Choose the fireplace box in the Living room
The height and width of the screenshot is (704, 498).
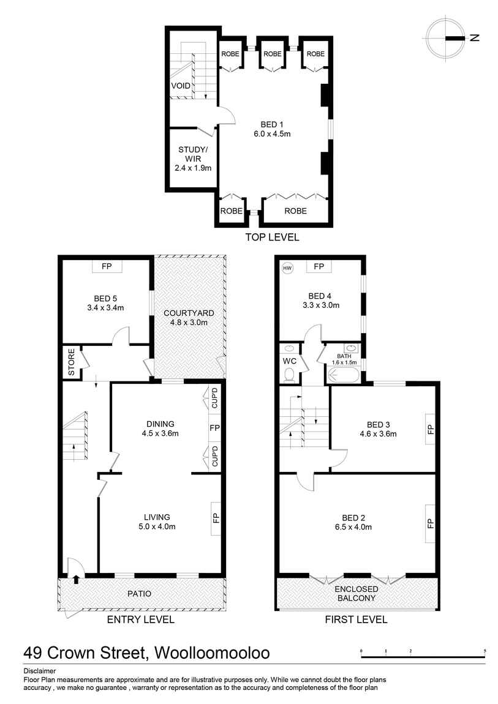point(216,519)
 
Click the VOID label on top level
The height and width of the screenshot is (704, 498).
point(180,86)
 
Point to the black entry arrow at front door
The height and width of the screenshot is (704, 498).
point(75,579)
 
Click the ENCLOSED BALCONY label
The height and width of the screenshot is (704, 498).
point(357,593)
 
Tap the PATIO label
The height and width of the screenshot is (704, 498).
point(139,593)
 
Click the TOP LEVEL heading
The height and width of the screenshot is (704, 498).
point(272,237)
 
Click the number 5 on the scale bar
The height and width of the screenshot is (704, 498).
point(485,651)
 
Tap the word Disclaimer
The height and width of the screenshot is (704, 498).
point(39,670)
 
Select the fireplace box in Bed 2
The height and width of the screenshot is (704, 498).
point(430,523)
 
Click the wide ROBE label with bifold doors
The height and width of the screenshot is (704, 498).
point(296,211)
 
